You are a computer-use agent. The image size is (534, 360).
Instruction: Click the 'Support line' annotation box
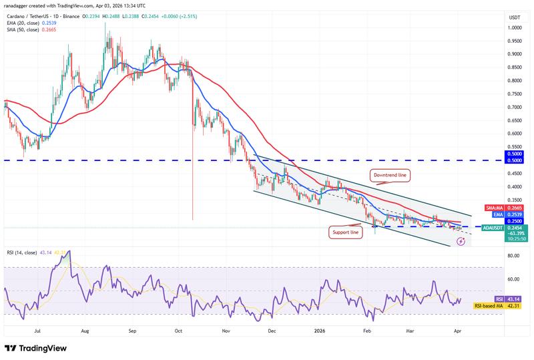tap(346, 232)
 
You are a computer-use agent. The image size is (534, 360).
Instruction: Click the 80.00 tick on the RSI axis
tap(495, 256)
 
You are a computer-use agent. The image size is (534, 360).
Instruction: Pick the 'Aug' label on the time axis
tap(85, 330)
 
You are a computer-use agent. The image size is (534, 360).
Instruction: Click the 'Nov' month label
tap(226, 330)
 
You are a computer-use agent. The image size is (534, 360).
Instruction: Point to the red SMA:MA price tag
tap(495, 208)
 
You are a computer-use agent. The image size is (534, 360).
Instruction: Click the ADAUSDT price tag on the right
tap(495, 227)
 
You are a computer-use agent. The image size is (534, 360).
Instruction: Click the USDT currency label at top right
tap(495, 17)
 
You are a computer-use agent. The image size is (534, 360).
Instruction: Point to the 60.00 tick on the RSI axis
tap(495, 279)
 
